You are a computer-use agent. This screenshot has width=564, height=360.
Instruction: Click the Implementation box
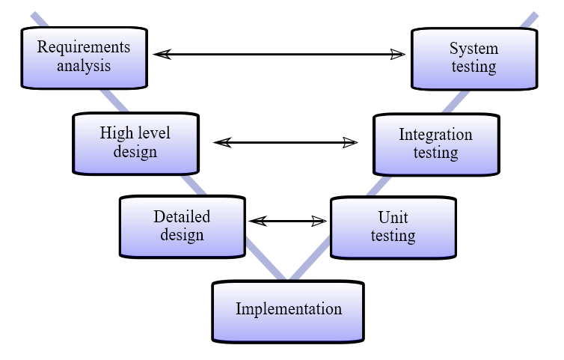pyautogui.click(x=288, y=309)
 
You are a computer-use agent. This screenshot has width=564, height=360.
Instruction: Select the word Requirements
pyautogui.click(x=84, y=47)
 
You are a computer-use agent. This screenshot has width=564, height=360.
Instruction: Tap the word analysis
pyautogui.click(x=84, y=66)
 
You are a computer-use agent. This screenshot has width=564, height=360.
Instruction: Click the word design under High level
pyautogui.click(x=135, y=152)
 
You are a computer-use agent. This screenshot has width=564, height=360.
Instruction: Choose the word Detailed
pyautogui.click(x=182, y=217)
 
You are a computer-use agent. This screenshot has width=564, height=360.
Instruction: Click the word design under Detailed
pyautogui.click(x=182, y=235)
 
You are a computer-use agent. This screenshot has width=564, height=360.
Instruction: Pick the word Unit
pyautogui.click(x=393, y=217)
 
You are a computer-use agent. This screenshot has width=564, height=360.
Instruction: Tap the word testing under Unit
pyautogui.click(x=393, y=236)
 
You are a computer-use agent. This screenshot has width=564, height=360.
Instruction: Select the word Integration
pyautogui.click(x=435, y=135)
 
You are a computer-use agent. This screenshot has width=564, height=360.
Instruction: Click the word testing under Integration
pyautogui.click(x=435, y=153)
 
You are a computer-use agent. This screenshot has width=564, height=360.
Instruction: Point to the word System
pyautogui.click(x=473, y=49)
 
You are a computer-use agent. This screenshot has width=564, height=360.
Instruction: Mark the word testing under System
pyautogui.click(x=473, y=67)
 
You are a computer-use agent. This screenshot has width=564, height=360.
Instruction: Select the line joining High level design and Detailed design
pyautogui.click(x=193, y=185)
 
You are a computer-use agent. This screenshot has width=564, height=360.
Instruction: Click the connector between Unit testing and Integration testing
pyautogui.click(x=381, y=185)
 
